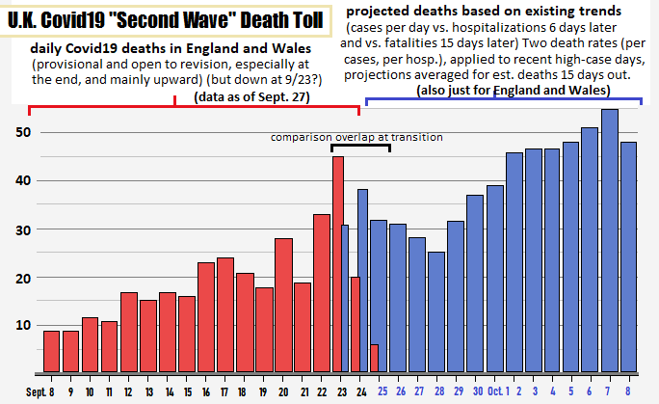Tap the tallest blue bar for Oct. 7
tap(609, 240)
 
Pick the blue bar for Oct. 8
tap(629, 256)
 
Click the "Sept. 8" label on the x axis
tap(41, 391)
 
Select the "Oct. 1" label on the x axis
tap(494, 391)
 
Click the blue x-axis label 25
tap(383, 391)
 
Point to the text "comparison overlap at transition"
tap(356, 137)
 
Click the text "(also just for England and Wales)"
tap(513, 90)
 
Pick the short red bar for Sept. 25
tap(374, 358)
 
